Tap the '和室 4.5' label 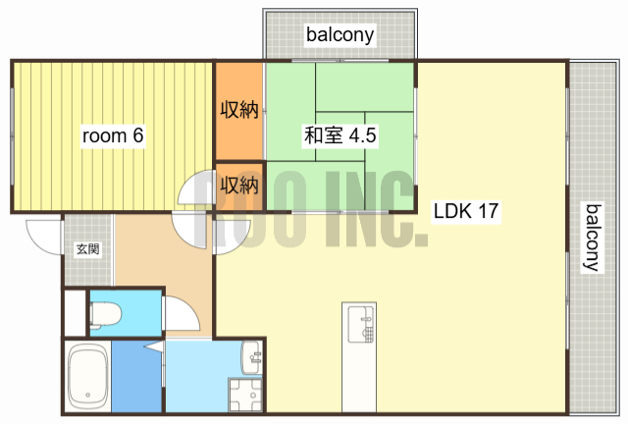click(340, 136)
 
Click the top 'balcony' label click(340, 35)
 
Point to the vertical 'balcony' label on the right click(593, 237)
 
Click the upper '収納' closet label click(238, 109)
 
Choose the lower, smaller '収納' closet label click(238, 184)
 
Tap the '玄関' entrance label click(87, 249)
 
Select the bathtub click(87, 377)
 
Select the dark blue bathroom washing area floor click(136, 377)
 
